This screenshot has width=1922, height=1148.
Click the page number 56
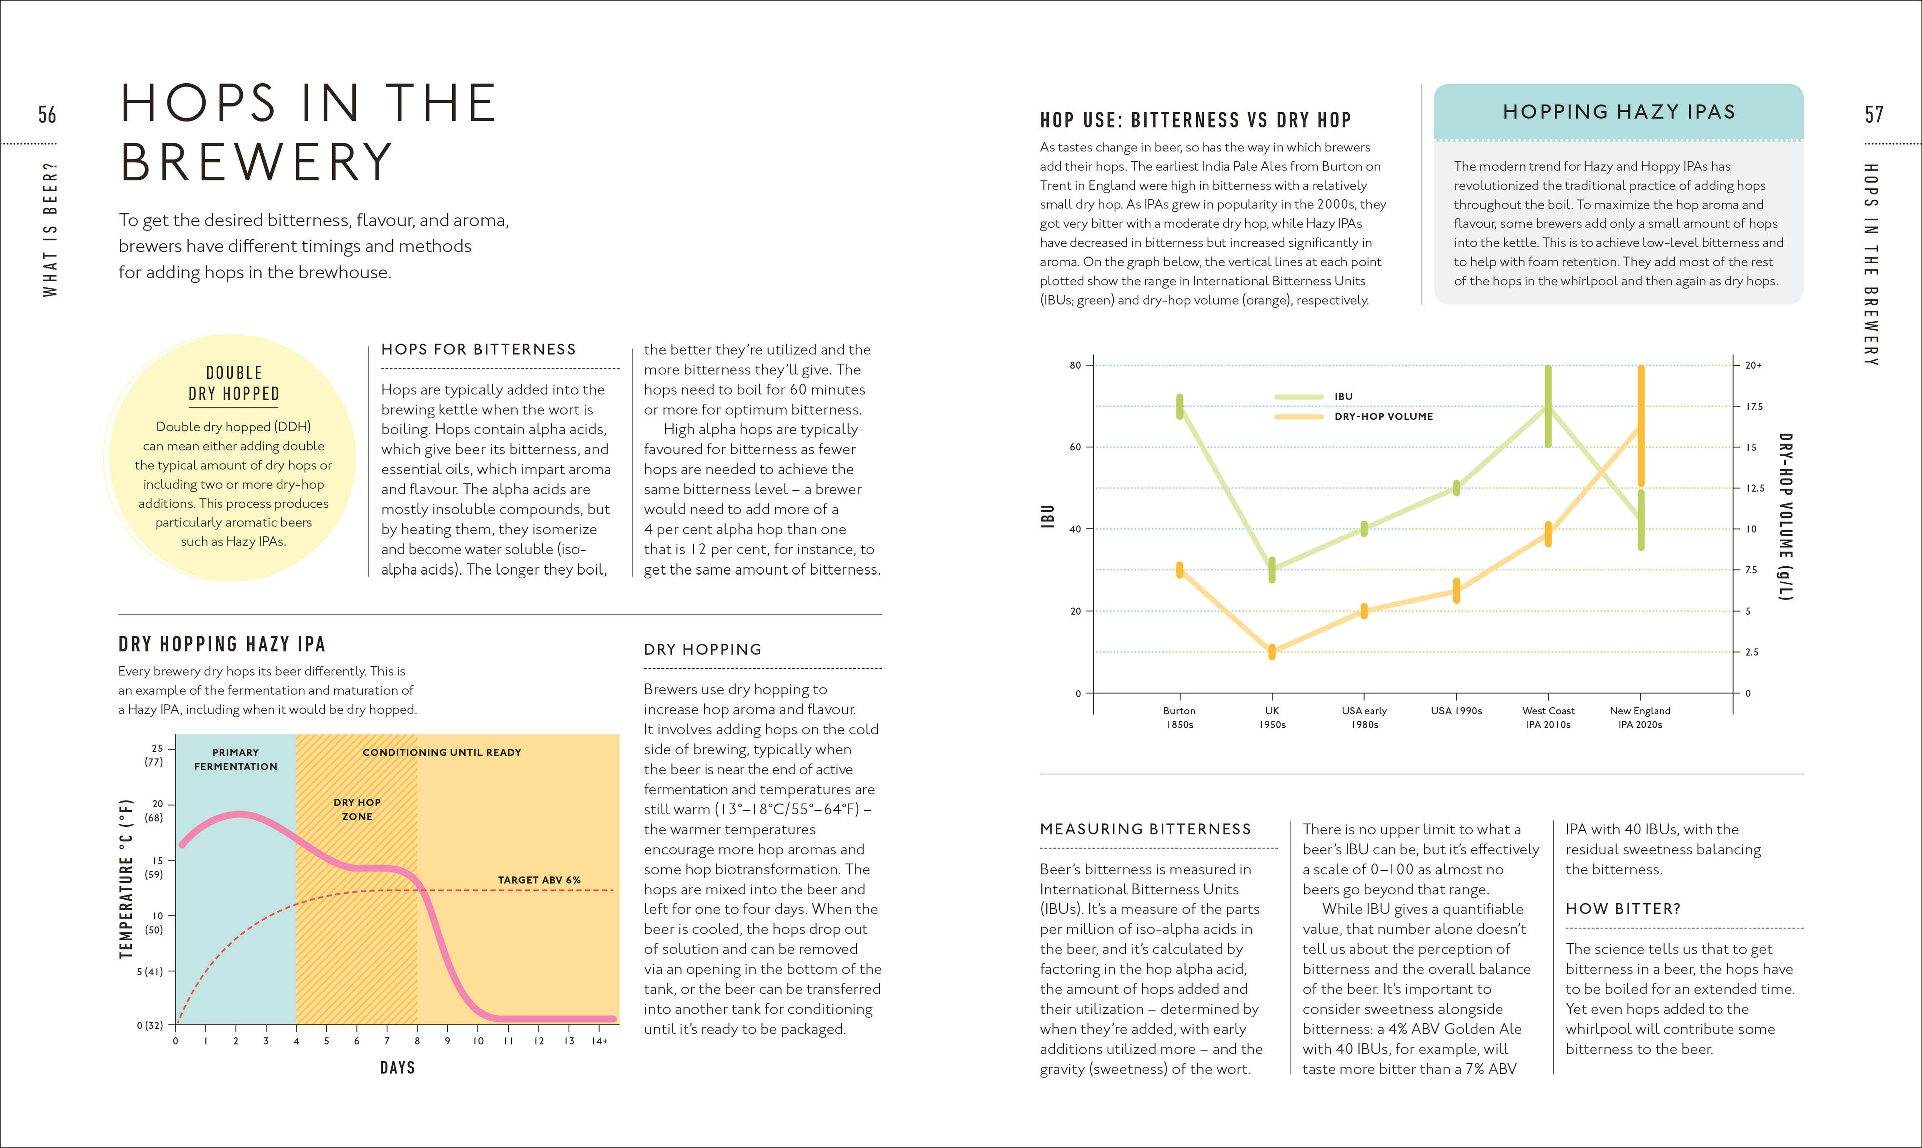(47, 115)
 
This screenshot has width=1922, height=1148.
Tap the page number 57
(1874, 115)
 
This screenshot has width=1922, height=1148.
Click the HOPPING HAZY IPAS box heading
(1619, 112)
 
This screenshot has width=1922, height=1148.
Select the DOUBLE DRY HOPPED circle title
(234, 384)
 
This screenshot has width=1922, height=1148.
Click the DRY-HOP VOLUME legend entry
(1383, 417)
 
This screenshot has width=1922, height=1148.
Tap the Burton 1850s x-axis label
(1179, 717)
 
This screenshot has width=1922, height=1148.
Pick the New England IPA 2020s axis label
(1640, 717)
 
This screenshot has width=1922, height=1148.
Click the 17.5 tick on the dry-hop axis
(1754, 407)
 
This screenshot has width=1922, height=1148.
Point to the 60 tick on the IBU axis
(1076, 447)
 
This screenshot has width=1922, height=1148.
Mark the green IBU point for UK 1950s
(1272, 569)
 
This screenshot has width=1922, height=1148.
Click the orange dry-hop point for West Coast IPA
(1548, 534)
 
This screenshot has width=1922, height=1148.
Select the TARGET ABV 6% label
(539, 880)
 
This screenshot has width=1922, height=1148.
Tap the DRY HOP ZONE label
(357, 809)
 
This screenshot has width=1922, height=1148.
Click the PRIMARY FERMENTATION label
(235, 759)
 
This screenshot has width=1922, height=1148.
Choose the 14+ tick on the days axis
(599, 1041)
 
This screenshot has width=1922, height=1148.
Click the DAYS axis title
(398, 1067)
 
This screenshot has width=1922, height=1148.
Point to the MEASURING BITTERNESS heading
(1145, 829)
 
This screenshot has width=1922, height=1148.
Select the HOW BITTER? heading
(1623, 909)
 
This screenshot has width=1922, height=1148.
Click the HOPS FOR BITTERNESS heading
(478, 350)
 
